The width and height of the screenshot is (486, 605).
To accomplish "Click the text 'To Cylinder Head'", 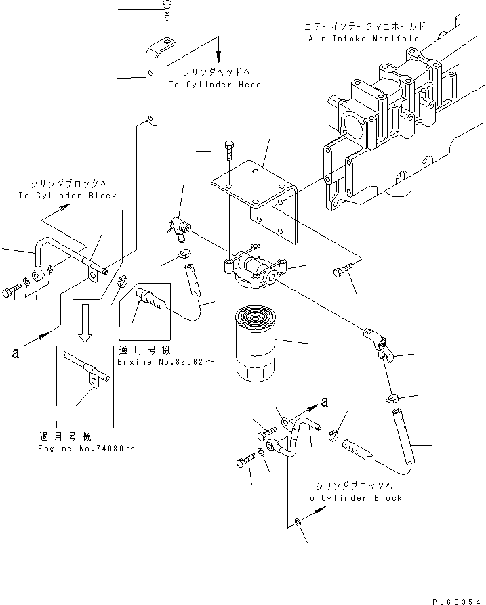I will click(x=215, y=85).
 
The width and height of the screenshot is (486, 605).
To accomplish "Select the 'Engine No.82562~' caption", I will click(x=166, y=363).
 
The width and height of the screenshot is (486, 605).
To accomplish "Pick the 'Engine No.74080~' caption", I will click(x=88, y=449).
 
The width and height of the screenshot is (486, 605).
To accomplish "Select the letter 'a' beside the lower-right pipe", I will click(x=325, y=401).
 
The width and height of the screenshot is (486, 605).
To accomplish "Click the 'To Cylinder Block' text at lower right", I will click(x=352, y=497).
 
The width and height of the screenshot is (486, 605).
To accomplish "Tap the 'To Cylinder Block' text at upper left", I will click(x=68, y=196).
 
